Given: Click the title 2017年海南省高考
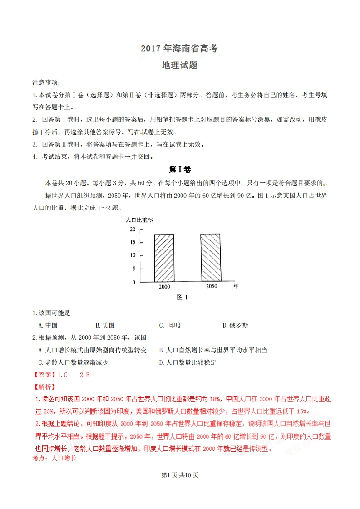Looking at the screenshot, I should pos(179,49).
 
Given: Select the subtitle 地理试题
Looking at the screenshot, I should pos(179,65).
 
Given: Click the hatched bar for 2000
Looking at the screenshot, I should pos(164,258).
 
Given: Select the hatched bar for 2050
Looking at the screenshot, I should pos(210,258).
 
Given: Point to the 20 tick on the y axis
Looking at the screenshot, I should pos(133,230).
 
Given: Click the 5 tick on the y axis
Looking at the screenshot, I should pos(133,269).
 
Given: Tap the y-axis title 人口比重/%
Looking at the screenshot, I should pos(139,220).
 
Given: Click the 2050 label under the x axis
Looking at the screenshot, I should pos(212,286).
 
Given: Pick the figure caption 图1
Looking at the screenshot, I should pos(182,298).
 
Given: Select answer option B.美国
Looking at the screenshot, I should pos(105,325).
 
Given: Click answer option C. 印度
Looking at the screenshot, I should pos(170,325).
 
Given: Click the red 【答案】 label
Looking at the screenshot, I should pos(44,375).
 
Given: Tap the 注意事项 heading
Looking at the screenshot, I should pos(46,83).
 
